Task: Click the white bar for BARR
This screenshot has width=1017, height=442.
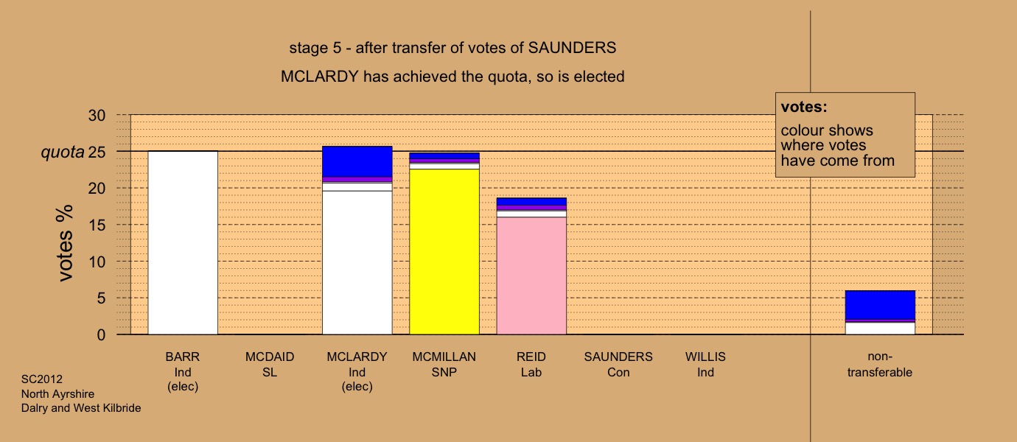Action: [x=183, y=243]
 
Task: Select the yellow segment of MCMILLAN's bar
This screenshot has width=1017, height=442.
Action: [x=444, y=252]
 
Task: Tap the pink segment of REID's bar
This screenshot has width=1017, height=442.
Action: [x=531, y=276]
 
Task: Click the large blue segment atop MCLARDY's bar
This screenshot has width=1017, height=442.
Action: [x=357, y=161]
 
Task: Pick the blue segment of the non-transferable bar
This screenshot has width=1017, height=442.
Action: [x=880, y=305]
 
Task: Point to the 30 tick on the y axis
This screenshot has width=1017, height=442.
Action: [x=97, y=115]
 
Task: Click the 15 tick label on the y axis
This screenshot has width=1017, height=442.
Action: [x=97, y=225]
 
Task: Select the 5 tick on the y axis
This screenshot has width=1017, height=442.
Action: [x=101, y=298]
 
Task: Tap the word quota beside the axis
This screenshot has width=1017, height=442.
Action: [x=63, y=152]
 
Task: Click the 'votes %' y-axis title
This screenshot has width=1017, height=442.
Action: [x=65, y=243]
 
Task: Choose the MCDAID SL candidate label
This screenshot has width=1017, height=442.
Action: [x=270, y=365]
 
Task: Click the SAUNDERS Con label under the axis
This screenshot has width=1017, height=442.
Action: [x=618, y=365]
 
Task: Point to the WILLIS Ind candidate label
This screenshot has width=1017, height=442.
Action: [x=705, y=365]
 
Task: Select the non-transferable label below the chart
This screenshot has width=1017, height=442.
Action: [x=880, y=365]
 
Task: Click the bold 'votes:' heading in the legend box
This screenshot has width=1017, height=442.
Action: [x=804, y=107]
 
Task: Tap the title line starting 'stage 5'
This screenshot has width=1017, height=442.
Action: [x=452, y=48]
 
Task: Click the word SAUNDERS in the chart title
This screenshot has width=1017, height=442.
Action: [x=572, y=48]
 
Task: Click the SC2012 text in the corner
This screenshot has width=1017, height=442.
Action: [x=42, y=379]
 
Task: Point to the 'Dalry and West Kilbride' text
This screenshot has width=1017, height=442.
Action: [x=81, y=408]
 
